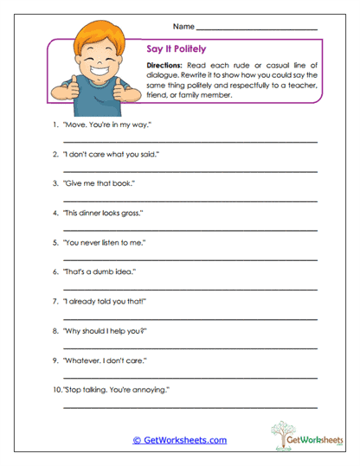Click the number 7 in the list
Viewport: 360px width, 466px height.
pyautogui.click(x=55, y=301)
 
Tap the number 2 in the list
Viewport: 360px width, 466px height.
pyautogui.click(x=55, y=154)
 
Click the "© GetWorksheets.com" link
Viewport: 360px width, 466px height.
pyautogui.click(x=179, y=440)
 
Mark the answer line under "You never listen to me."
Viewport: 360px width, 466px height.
pyautogui.click(x=190, y=259)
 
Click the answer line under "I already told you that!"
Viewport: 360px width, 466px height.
pyautogui.click(x=190, y=318)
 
